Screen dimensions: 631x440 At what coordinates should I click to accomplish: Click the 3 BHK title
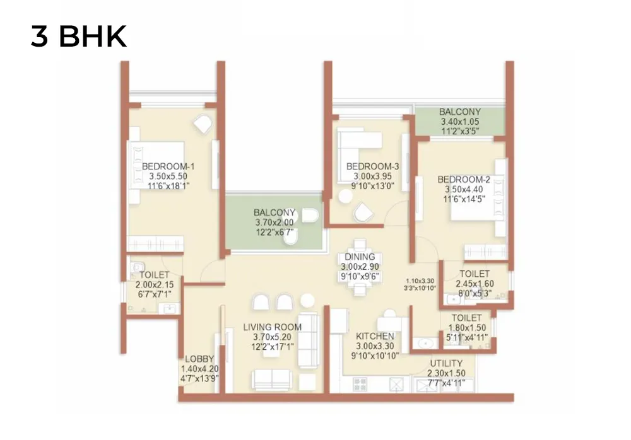pyautogui.click(x=79, y=36)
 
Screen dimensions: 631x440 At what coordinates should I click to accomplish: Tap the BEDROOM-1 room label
pyautogui.click(x=168, y=166)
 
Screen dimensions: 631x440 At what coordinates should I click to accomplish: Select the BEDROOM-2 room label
pyautogui.click(x=464, y=180)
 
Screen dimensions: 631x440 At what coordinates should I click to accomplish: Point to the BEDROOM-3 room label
pyautogui.click(x=373, y=166)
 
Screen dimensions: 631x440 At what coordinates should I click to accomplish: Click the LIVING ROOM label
pyautogui.click(x=273, y=327)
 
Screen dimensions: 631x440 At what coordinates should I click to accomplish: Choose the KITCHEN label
pyautogui.click(x=375, y=336)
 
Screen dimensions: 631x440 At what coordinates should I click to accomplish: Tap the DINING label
pyautogui.click(x=360, y=257)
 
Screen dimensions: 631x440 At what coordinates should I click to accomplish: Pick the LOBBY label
pyautogui.click(x=199, y=359)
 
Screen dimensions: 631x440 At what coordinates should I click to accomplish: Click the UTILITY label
pyautogui.click(x=446, y=364)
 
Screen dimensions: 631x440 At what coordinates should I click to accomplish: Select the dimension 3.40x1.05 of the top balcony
pyautogui.click(x=460, y=122)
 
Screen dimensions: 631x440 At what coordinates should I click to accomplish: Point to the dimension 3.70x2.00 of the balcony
pyautogui.click(x=274, y=223)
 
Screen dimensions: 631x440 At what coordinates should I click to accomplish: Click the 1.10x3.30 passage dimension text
pyautogui.click(x=420, y=281)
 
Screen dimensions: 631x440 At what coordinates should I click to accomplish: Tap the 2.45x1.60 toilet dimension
pyautogui.click(x=475, y=284)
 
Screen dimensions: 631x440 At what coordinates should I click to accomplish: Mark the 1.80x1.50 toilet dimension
pyautogui.click(x=467, y=328)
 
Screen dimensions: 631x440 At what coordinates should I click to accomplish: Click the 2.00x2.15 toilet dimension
pyautogui.click(x=155, y=285)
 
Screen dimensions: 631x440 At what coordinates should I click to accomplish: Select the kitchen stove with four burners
pyautogui.click(x=360, y=385)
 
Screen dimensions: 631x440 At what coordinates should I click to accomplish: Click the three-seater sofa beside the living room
pyautogui.click(x=309, y=340)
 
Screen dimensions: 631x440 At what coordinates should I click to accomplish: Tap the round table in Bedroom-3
pyautogui.click(x=345, y=196)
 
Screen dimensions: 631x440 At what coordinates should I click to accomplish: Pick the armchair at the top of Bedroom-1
pyautogui.click(x=203, y=124)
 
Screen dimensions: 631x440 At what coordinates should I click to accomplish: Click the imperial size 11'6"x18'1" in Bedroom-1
pyautogui.click(x=168, y=186)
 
